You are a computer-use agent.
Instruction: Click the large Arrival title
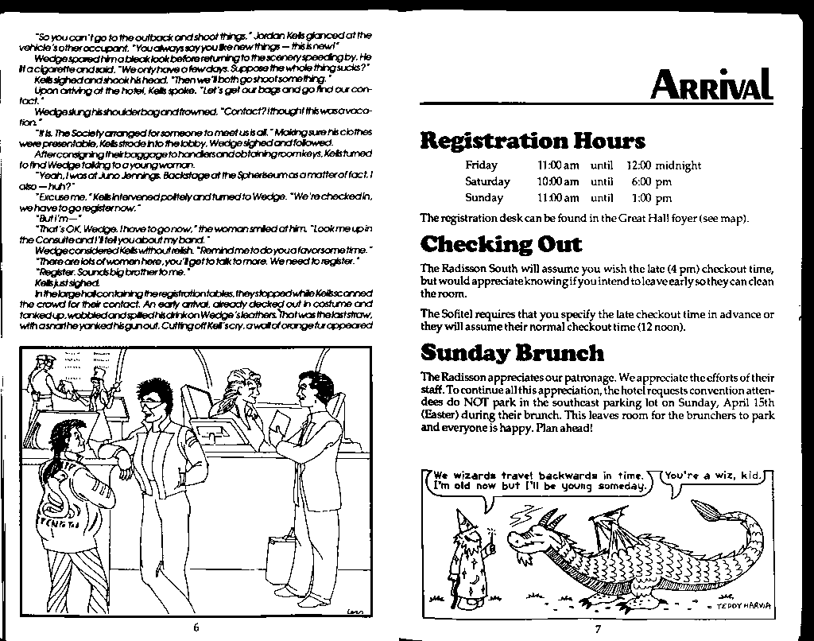pos(711,84)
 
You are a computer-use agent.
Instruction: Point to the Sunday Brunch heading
pos(512,352)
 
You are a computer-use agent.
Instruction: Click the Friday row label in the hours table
pos(481,165)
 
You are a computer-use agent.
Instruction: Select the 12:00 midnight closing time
pos(664,165)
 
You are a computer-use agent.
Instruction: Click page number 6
pos(196,627)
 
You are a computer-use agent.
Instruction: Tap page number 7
pos(598,630)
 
